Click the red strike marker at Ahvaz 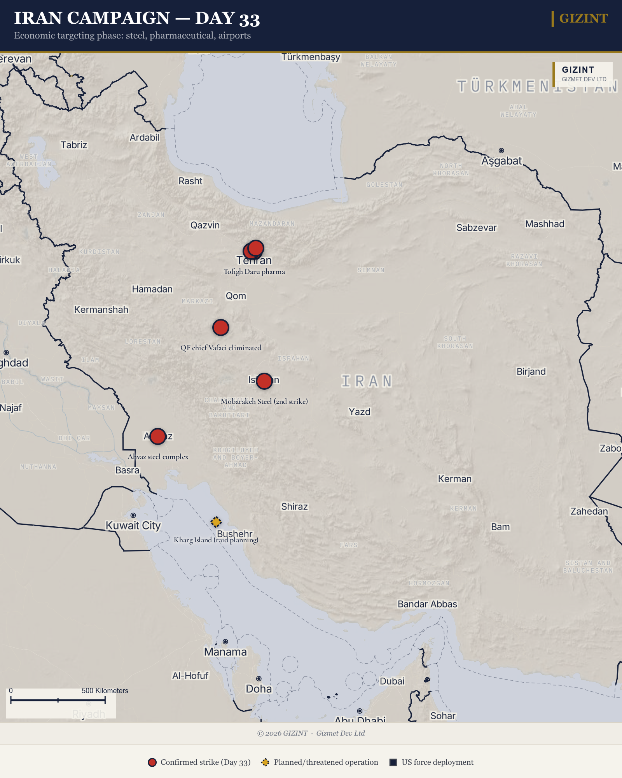(157, 436)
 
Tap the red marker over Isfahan (264, 381)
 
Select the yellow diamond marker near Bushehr (216, 522)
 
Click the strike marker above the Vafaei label (221, 328)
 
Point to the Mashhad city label (545, 224)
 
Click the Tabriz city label (74, 145)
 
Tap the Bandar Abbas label (427, 604)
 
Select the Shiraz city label (294, 506)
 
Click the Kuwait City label (133, 526)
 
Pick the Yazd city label (360, 412)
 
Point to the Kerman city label (454, 479)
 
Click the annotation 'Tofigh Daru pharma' (254, 272)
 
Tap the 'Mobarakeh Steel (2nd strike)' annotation (264, 401)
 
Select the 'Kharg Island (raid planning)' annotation (216, 540)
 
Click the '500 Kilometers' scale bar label (105, 690)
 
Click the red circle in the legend (152, 762)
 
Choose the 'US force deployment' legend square (393, 762)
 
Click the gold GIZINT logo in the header (583, 18)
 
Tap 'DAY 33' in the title (227, 18)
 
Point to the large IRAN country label (367, 381)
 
